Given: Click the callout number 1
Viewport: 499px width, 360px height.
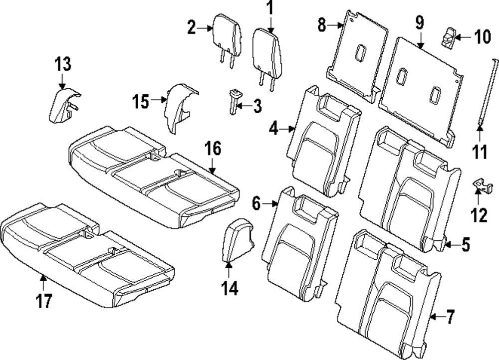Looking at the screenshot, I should point(269,8).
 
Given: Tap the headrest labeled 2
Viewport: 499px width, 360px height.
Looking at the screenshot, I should point(228,33).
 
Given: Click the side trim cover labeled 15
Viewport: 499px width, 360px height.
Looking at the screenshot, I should point(179,109).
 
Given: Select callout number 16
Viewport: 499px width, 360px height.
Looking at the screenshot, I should point(213,148).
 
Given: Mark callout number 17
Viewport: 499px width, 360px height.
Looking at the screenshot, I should point(44,302).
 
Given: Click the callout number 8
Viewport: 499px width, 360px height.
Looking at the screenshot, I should point(322,23).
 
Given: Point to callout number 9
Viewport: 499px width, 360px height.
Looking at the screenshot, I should point(419,22).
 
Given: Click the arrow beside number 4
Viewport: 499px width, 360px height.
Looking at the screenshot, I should point(289,129).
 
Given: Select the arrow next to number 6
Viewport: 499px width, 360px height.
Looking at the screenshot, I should point(272,203).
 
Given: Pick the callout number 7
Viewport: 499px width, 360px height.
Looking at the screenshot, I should point(450,316).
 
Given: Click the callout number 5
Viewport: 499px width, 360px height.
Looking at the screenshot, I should point(465,245).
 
